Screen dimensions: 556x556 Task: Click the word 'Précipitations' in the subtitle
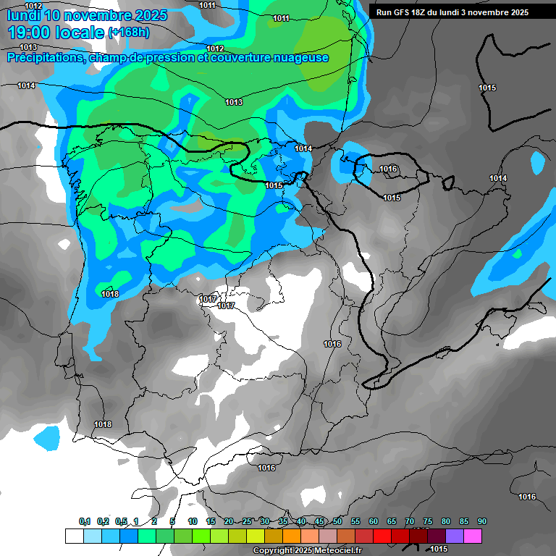(44, 57)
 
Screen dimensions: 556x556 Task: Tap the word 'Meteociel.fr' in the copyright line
(336, 551)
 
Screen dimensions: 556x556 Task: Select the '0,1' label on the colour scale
(85, 522)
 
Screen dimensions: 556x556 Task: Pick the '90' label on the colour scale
(482, 522)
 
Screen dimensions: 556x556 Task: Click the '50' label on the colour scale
(337, 522)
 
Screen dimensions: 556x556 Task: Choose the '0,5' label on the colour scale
(121, 522)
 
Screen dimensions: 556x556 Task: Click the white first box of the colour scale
(74, 536)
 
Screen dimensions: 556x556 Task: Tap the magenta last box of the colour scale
(473, 536)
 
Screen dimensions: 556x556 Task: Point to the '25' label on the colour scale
(247, 522)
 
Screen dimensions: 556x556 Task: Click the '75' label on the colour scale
(428, 522)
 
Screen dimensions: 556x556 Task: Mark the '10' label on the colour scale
(193, 522)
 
